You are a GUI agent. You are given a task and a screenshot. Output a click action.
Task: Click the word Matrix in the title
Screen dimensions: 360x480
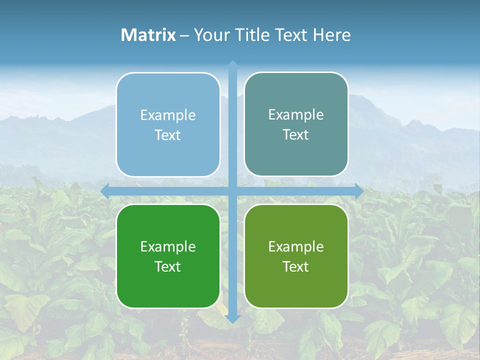(x=148, y=35)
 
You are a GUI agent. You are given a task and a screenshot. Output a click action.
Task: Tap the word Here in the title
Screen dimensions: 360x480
(x=332, y=35)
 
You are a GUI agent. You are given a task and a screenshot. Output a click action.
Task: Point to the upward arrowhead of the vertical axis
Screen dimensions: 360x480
(x=232, y=64)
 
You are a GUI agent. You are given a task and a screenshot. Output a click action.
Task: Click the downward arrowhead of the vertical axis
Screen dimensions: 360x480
(x=232, y=318)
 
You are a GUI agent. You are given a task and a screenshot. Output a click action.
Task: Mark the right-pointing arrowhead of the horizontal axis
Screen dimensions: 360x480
(x=359, y=191)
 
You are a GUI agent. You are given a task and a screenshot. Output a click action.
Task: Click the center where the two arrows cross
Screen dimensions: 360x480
(x=232, y=191)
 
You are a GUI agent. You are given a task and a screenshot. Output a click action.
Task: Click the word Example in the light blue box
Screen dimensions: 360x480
(x=168, y=115)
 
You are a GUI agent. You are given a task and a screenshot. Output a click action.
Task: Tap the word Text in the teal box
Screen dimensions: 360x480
(x=296, y=135)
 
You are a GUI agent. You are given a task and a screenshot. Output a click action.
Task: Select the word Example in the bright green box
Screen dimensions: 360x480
(x=168, y=246)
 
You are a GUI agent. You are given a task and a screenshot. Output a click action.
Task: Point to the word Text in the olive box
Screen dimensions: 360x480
(x=296, y=266)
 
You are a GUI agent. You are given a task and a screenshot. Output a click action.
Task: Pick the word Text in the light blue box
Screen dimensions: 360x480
(x=168, y=135)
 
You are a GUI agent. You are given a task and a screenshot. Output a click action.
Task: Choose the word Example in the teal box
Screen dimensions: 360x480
(x=296, y=115)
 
